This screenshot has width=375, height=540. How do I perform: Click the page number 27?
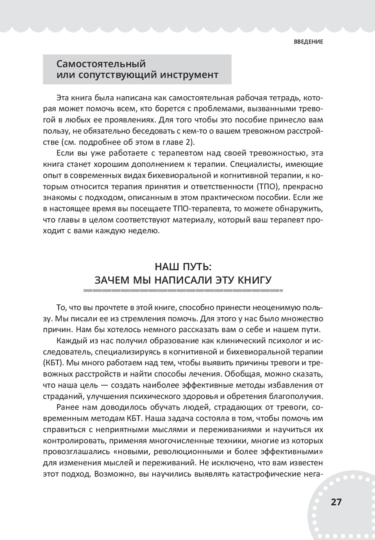click(336, 502)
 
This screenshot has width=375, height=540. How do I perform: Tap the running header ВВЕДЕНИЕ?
click(309, 42)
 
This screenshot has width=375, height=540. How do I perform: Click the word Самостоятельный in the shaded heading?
click(101, 64)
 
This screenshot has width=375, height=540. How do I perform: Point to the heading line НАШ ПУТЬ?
click(183, 267)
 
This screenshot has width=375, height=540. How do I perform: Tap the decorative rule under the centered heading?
click(183, 290)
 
